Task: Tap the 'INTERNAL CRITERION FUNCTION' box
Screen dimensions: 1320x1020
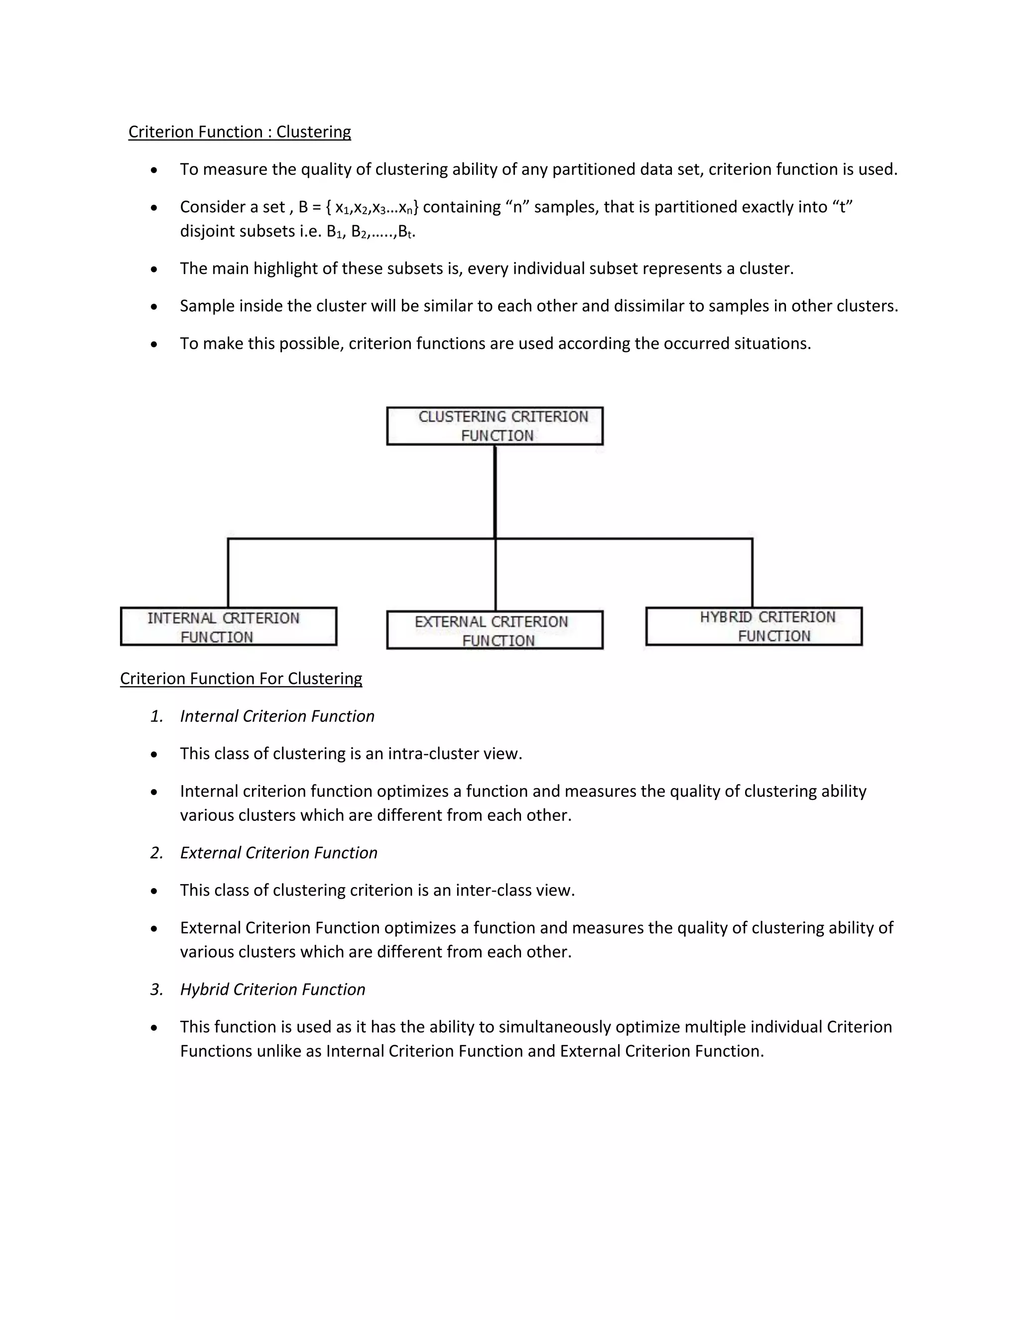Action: (229, 627)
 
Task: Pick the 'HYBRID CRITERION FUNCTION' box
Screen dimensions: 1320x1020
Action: (754, 626)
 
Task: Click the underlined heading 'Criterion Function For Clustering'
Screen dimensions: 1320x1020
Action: (241, 679)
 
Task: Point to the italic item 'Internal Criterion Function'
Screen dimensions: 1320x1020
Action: (277, 716)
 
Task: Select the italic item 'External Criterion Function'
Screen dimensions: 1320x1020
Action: (278, 853)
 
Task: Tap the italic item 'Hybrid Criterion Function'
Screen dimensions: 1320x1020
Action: (272, 989)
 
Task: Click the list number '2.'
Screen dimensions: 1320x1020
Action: (157, 853)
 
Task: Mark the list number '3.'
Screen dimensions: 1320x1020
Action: (157, 989)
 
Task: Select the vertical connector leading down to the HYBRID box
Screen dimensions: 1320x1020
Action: (753, 573)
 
